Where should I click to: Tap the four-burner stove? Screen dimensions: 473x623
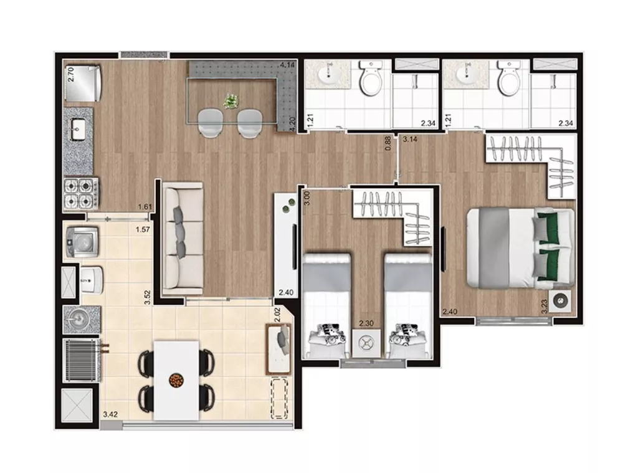pos(80,194)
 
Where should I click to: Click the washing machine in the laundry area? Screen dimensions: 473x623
pos(81,241)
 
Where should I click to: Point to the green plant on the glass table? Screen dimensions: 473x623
pos(231,100)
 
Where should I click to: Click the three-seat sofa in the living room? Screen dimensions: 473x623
pos(182,238)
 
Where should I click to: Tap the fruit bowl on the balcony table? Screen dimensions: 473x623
pos(176,379)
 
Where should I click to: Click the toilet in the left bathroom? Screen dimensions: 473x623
pos(370,79)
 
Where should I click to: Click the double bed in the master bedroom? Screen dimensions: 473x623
pos(521,247)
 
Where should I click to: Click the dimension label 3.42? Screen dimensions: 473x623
pos(110,413)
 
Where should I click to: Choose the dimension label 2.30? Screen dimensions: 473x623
pos(366,323)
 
